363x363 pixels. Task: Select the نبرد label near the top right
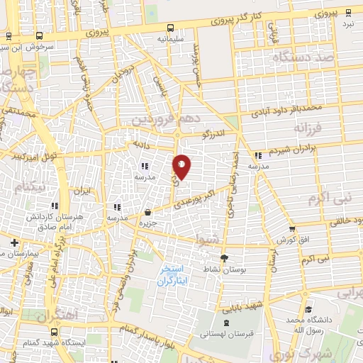click(x=347, y=23)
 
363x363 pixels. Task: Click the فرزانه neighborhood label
click(x=310, y=129)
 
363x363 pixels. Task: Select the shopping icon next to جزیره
click(x=147, y=212)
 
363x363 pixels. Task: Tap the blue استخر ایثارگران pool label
click(x=172, y=276)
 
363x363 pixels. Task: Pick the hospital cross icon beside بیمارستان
click(x=14, y=243)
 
